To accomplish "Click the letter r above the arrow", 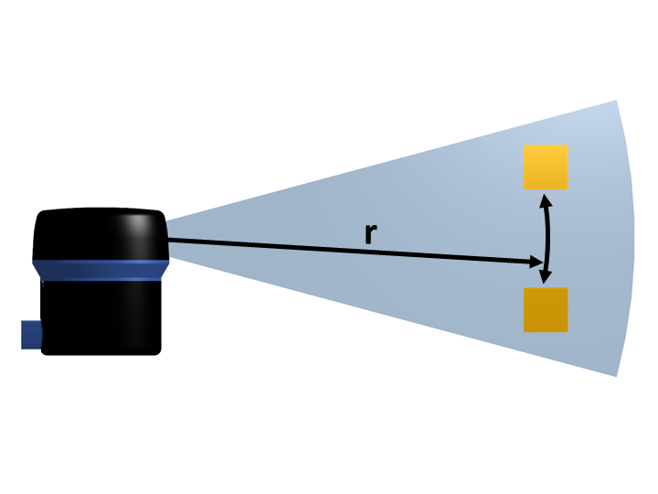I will click(370, 234).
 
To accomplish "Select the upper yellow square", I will click(546, 166).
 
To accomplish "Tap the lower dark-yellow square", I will click(546, 310).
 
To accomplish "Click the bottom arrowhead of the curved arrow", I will click(546, 280).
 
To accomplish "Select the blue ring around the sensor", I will click(101, 269).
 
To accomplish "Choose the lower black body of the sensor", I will click(101, 317).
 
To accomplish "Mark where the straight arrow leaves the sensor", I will click(169, 241).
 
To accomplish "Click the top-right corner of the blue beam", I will click(616, 102).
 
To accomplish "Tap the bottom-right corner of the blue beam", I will click(616, 375).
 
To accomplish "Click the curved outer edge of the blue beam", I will click(633, 238).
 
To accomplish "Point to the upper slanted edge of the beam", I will click(393, 161).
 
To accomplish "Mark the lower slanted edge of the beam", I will click(393, 317).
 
